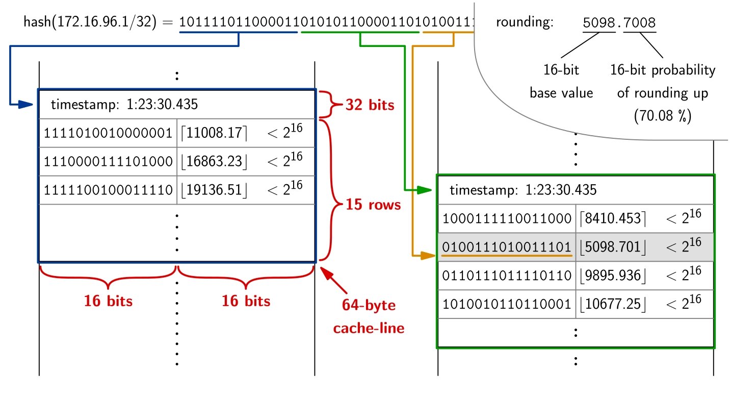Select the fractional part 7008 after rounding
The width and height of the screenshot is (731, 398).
point(639,23)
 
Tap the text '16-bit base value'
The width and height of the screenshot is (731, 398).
point(561,81)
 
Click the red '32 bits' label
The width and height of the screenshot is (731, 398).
point(370,105)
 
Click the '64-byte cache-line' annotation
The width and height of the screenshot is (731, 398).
point(368,317)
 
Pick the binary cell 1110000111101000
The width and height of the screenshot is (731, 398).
point(108,162)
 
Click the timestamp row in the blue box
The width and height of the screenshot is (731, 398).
point(176,105)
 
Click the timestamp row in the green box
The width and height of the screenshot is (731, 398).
point(575,191)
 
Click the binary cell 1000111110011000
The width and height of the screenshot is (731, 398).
point(507,219)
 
